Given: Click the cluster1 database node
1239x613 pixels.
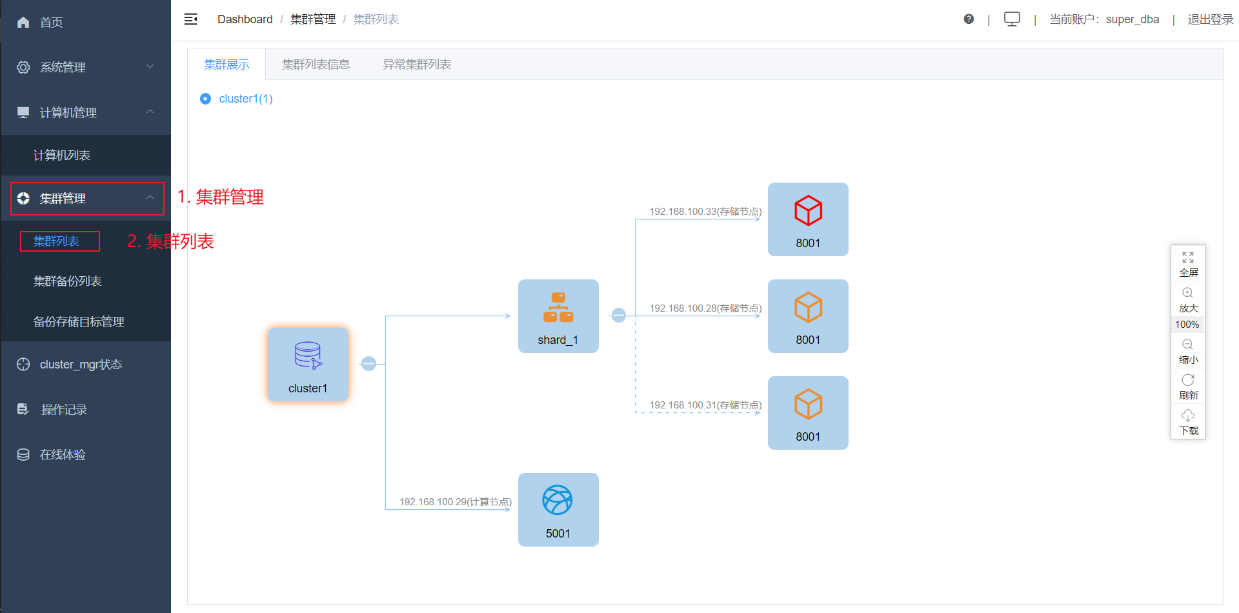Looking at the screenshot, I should [308, 364].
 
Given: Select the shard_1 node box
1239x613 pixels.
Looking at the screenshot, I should [558, 316].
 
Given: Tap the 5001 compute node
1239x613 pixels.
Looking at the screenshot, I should [558, 510].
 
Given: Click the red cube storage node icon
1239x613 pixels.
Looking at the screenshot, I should [808, 210].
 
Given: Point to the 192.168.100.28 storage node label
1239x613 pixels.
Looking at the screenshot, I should [705, 308].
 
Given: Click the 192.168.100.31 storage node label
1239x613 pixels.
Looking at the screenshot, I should [705, 405].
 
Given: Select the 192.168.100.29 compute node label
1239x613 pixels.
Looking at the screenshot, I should [456, 502].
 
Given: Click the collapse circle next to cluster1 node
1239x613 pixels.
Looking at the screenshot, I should [368, 364].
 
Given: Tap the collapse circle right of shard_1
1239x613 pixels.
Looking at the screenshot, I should [619, 316].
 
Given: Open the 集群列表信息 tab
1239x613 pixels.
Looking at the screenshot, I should [316, 65].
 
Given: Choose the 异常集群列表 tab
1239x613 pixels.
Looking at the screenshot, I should [417, 65].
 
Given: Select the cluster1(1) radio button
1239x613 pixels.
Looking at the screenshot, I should [206, 99].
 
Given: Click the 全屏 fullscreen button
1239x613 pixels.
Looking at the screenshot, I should [1188, 263].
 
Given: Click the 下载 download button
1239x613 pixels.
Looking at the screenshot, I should [1188, 422].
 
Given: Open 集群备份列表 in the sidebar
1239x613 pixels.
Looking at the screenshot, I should [68, 281].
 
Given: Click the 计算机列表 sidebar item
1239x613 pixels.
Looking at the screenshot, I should [62, 156].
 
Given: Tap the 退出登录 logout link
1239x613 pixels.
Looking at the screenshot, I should [1210, 19].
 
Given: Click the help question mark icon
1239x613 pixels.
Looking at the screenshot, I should [969, 19].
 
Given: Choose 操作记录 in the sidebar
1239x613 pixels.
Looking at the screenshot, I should [64, 410].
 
